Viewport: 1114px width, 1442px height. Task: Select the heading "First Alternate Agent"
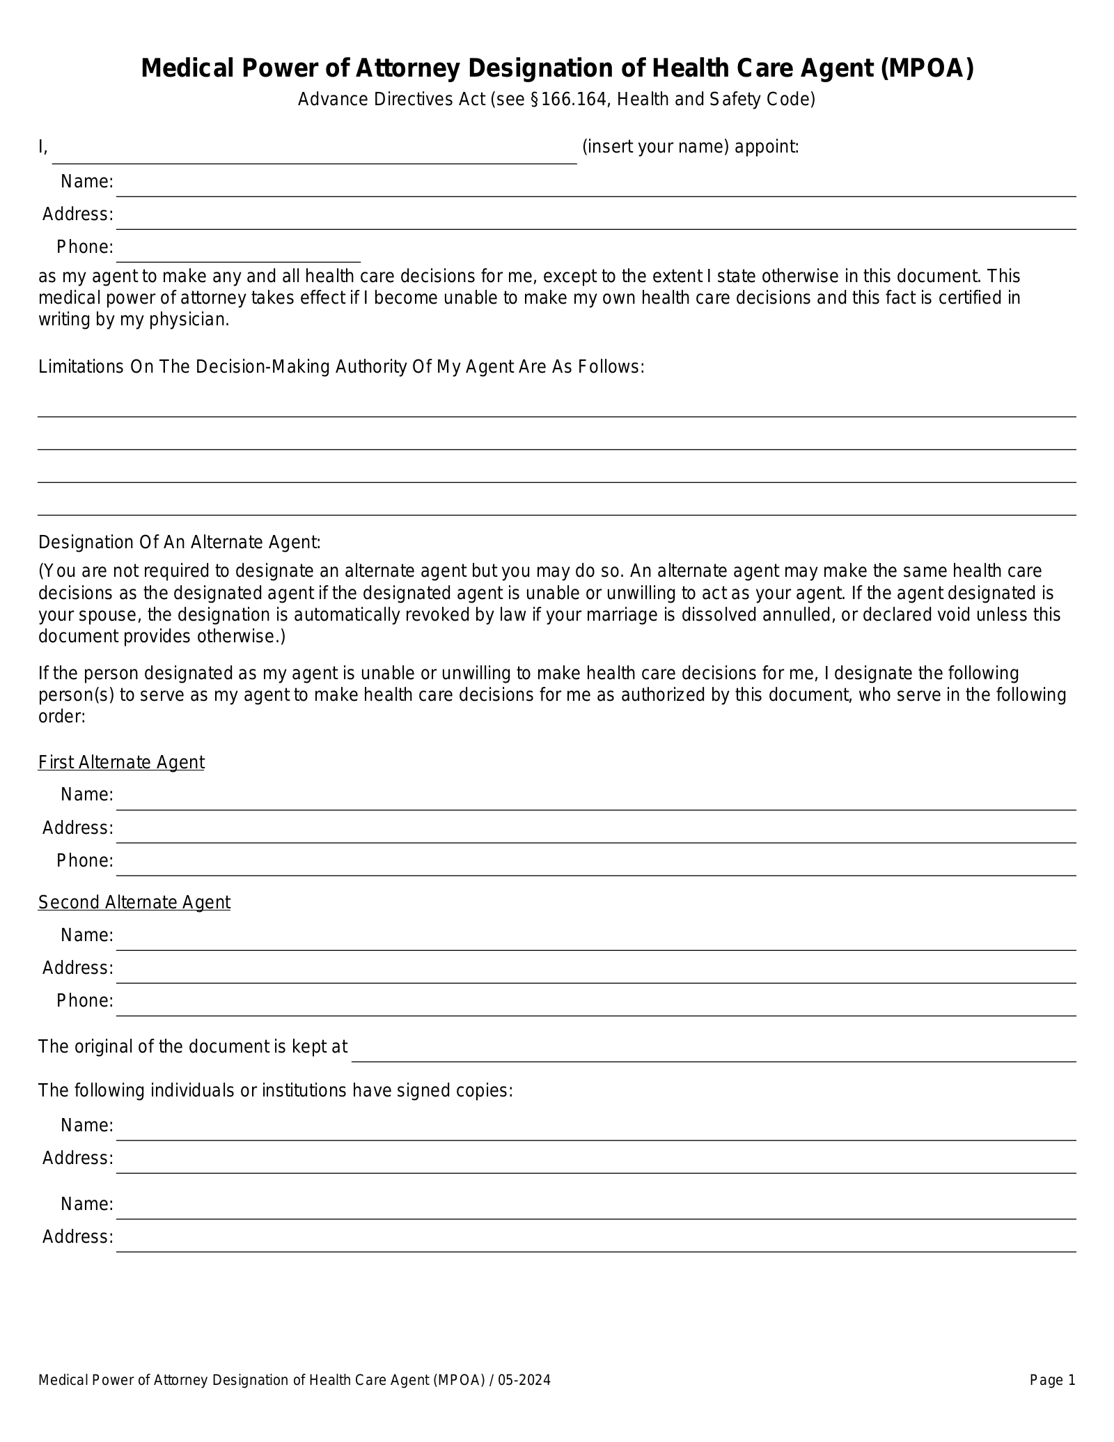pos(121,763)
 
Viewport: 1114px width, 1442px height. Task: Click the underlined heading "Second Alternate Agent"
pos(134,903)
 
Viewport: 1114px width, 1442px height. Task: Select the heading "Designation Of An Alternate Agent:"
pos(180,543)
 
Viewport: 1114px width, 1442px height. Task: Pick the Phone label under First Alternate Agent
pos(84,861)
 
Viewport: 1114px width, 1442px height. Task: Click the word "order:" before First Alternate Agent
pos(62,717)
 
